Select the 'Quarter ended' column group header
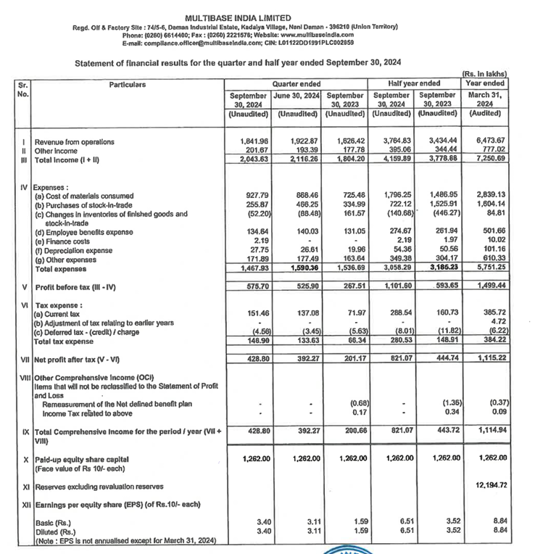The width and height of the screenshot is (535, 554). (x=295, y=84)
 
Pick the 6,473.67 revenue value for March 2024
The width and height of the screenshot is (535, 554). (x=490, y=141)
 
